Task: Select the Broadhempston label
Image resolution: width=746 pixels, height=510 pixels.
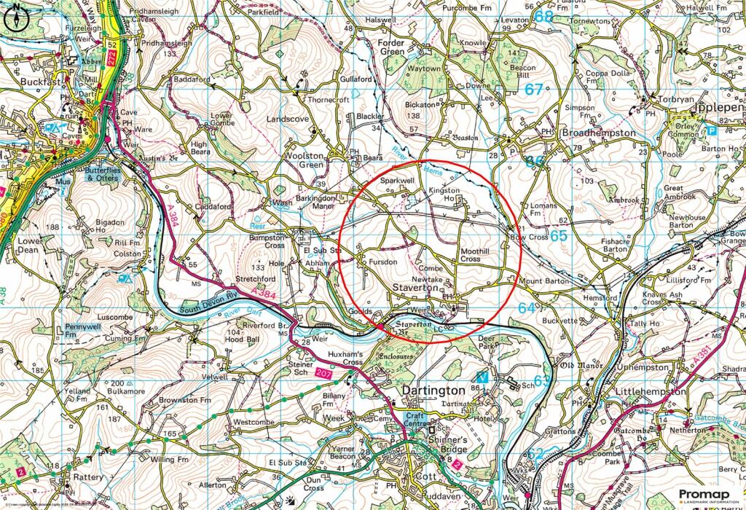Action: coord(598,133)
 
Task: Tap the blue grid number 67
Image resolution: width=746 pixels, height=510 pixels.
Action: coord(534,89)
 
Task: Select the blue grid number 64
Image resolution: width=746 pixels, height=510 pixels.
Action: coord(527,308)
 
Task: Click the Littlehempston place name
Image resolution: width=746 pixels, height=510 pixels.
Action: coord(641,391)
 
